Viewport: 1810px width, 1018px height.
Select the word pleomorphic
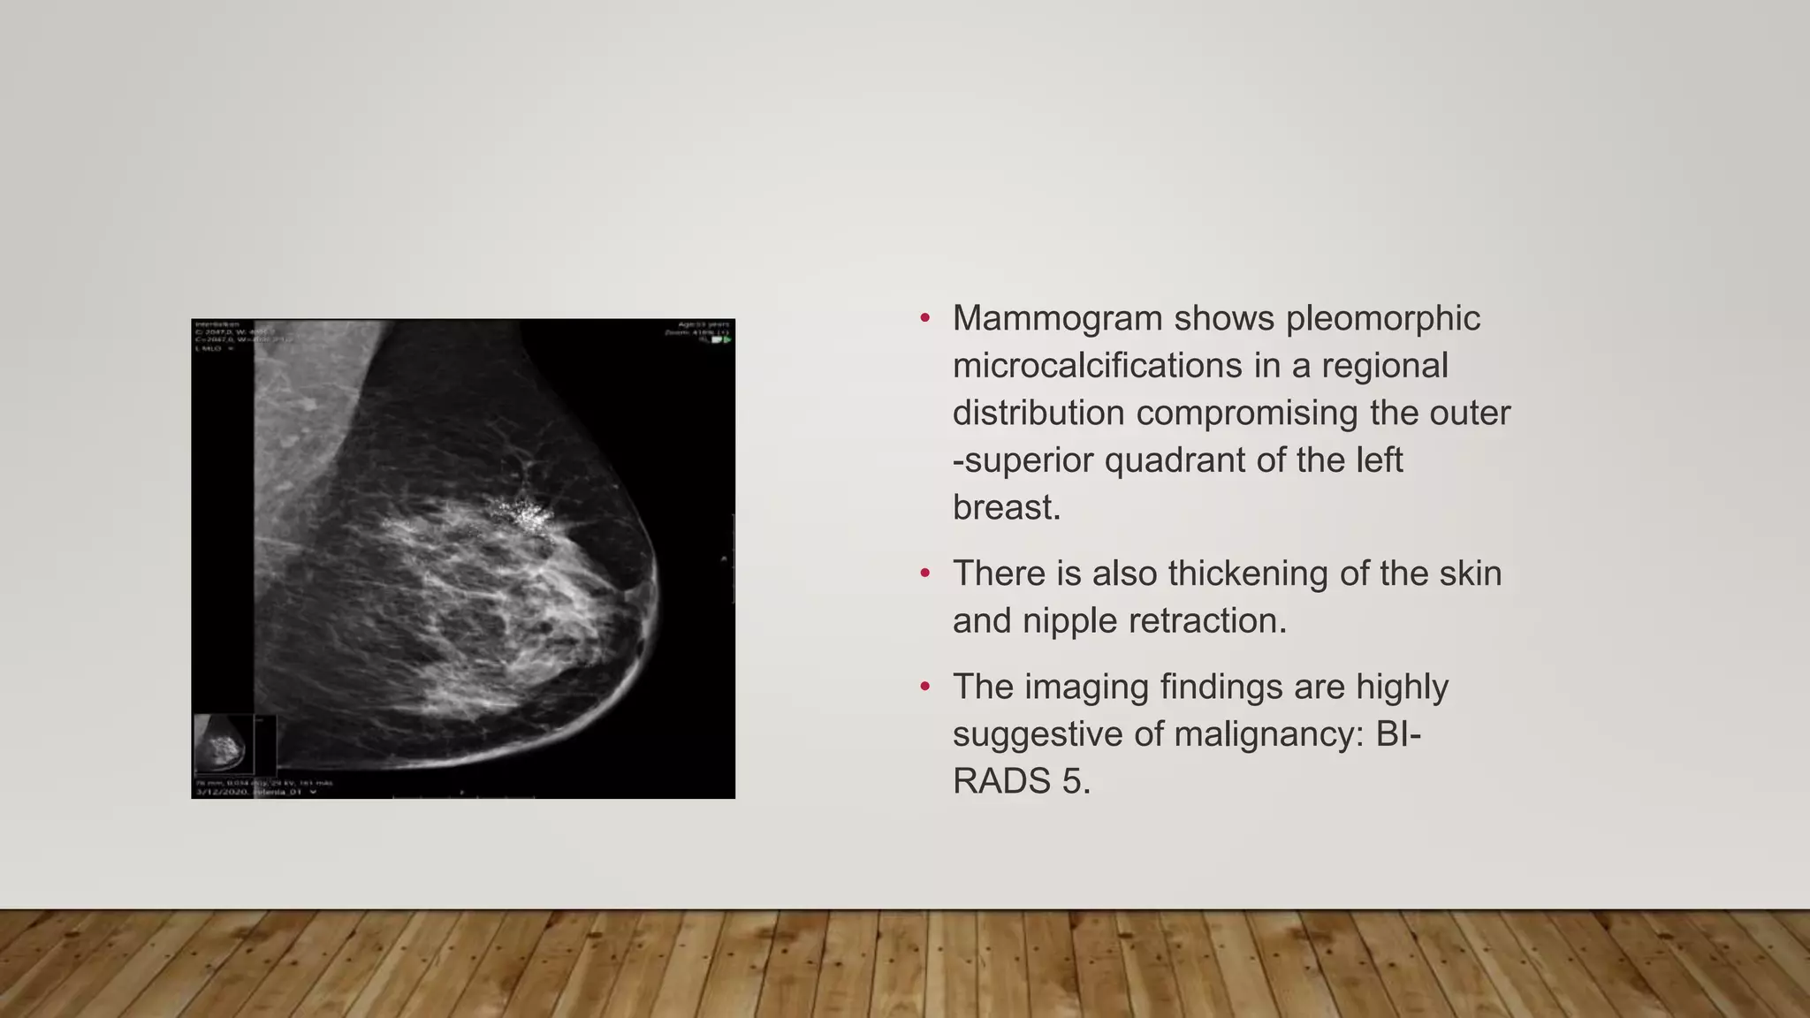click(1382, 319)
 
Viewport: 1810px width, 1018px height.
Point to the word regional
click(1384, 366)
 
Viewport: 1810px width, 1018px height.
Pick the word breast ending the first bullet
click(1004, 507)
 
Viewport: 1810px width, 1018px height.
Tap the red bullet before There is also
click(925, 574)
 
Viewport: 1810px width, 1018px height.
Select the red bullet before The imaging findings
click(925, 687)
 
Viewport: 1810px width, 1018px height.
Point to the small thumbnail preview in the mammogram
click(221, 744)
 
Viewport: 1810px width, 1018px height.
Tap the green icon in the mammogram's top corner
click(726, 339)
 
